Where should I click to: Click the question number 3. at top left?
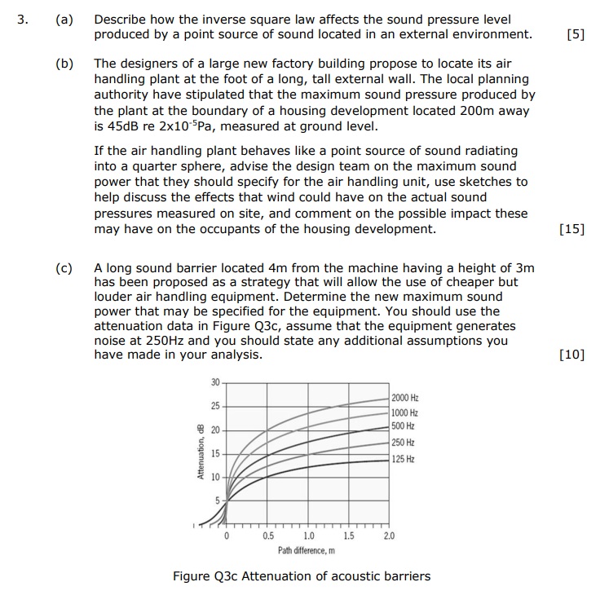point(24,18)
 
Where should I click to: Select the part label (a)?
point(64,18)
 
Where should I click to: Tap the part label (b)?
point(64,63)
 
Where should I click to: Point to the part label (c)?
point(64,267)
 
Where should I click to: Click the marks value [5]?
point(575,34)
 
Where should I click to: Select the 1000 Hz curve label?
point(404,412)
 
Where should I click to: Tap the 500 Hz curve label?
point(403,426)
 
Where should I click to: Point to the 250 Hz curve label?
point(403,443)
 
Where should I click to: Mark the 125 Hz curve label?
point(403,459)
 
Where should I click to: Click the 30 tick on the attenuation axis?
point(215,383)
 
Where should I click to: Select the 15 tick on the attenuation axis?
point(215,453)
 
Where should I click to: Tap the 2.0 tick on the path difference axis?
point(389,536)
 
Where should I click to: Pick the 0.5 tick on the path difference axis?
point(268,536)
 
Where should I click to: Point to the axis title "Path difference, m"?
point(307,550)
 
